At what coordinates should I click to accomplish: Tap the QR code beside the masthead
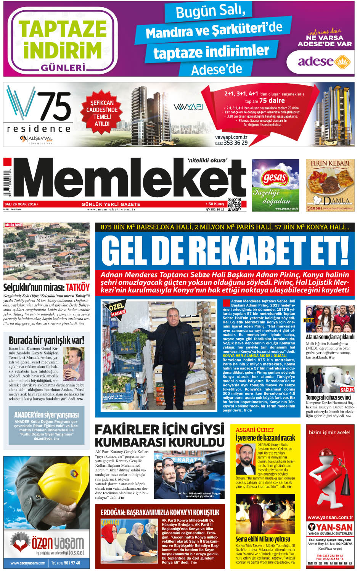pyautogui.click(x=234, y=205)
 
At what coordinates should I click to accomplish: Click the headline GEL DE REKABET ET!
pyautogui.click(x=225, y=250)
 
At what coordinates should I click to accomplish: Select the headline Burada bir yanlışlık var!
pyautogui.click(x=47, y=340)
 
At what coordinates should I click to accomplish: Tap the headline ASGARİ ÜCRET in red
pyautogui.click(x=254, y=430)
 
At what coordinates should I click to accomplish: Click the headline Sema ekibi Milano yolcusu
pyautogui.click(x=262, y=539)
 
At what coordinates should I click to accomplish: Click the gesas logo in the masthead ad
pyautogui.click(x=275, y=177)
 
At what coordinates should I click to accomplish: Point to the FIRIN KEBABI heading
pyautogui.click(x=330, y=163)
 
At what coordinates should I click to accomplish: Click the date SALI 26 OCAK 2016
pyautogui.click(x=20, y=204)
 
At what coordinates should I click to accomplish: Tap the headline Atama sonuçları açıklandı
pyautogui.click(x=330, y=337)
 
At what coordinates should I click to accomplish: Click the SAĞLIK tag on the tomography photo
pyautogui.click(x=347, y=390)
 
